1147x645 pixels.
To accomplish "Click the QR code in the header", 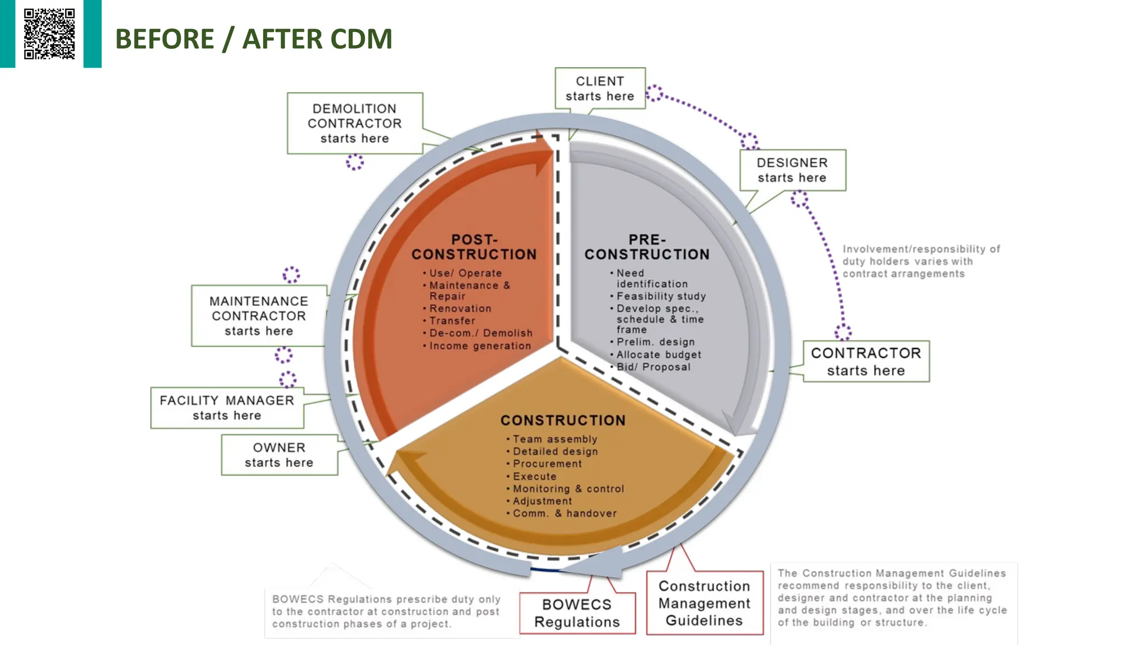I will (x=49, y=34).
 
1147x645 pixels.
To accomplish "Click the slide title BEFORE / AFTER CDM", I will (x=253, y=39).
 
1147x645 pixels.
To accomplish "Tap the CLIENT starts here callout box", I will (x=600, y=88).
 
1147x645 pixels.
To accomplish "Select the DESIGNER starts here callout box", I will (x=792, y=170).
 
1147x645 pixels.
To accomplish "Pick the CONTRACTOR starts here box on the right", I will (x=866, y=362).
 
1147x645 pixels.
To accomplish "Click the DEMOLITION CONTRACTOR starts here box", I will (x=355, y=123).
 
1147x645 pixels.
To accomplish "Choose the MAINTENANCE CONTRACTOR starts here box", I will (x=259, y=316).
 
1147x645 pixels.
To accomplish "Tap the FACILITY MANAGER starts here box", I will (x=227, y=408).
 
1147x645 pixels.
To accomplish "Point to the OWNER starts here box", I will (x=279, y=455).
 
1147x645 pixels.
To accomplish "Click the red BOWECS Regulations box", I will (x=577, y=613).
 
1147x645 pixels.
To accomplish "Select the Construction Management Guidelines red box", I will (x=704, y=603).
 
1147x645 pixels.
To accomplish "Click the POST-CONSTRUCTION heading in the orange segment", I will (x=474, y=247).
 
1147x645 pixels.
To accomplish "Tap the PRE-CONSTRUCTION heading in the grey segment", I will (x=647, y=247).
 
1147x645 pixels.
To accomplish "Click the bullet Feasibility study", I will (x=661, y=296).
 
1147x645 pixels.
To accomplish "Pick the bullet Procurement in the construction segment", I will (x=547, y=464).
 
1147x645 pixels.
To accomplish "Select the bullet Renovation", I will (x=460, y=309).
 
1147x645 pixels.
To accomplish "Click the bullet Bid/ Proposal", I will (x=653, y=367).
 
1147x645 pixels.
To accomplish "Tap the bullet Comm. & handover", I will (x=564, y=513).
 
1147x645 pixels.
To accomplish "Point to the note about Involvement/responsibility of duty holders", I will (x=920, y=261).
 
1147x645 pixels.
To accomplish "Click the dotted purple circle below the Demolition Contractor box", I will (x=355, y=162).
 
